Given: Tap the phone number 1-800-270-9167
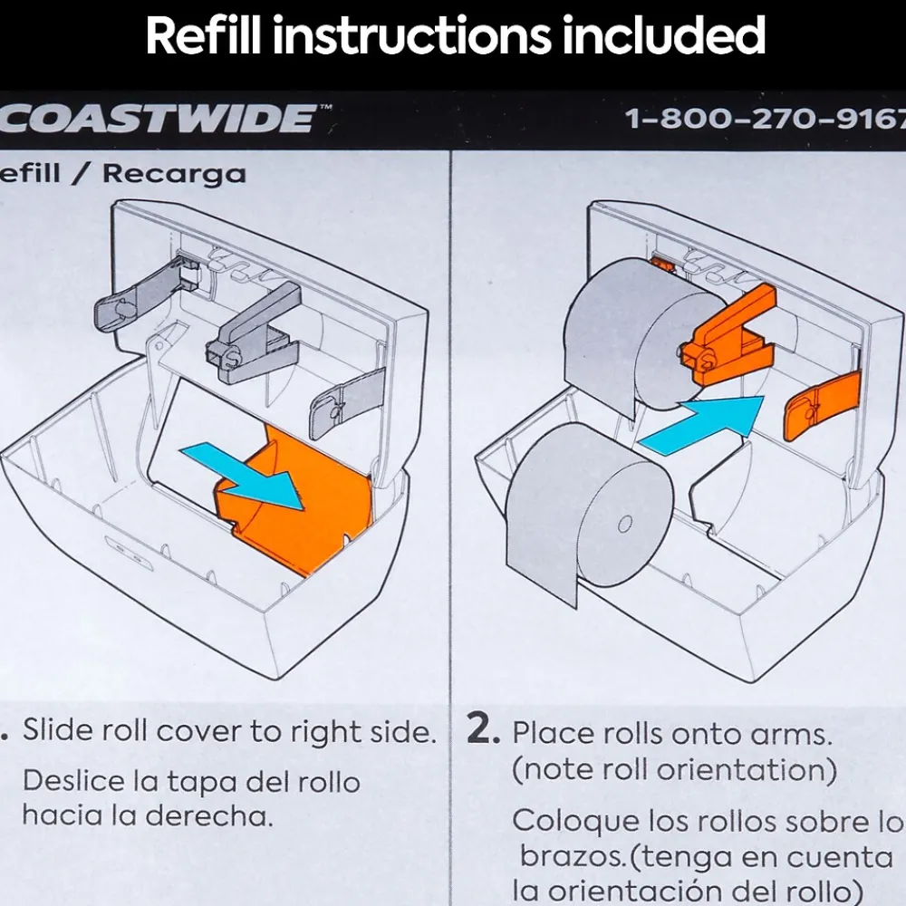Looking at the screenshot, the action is tap(766, 119).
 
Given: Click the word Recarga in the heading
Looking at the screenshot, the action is tap(175, 174).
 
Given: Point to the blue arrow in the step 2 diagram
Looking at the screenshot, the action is tap(703, 425).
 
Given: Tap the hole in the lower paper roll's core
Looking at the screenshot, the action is tap(624, 525).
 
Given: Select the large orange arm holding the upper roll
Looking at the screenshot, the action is tap(729, 335).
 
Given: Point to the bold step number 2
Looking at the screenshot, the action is tap(483, 729).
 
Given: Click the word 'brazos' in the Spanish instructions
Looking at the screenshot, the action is tap(572, 856).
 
